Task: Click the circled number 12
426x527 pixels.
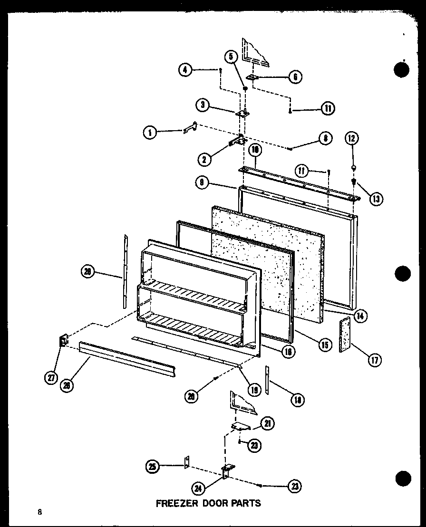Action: (352, 139)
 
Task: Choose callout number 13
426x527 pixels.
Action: (376, 199)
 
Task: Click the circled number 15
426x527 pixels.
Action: (325, 345)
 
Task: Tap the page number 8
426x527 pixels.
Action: (40, 512)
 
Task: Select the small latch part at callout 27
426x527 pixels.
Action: (63, 341)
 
